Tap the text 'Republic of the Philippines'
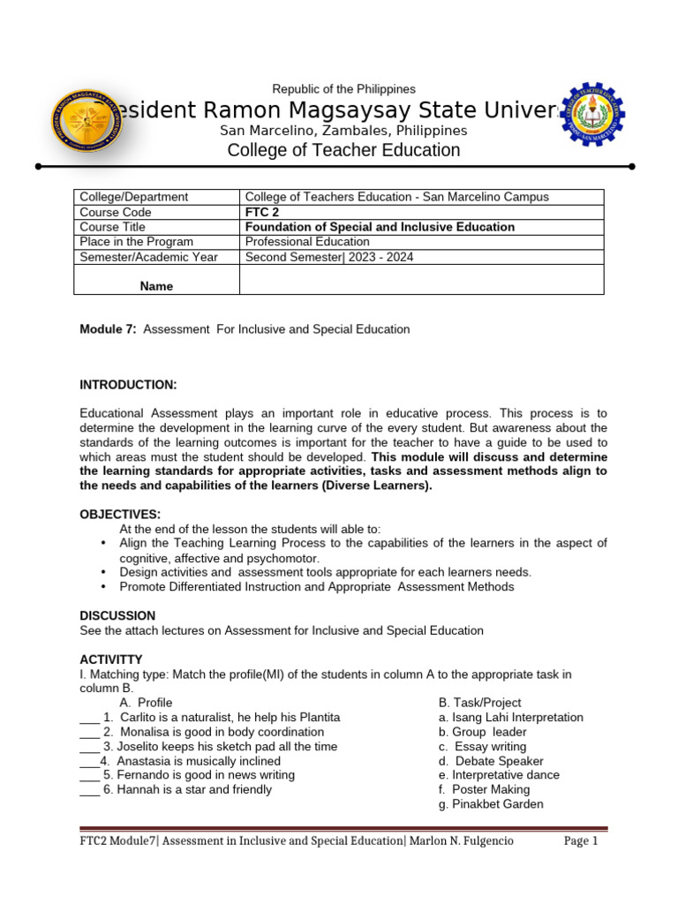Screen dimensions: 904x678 [343, 89]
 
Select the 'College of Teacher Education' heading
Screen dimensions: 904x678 [343, 150]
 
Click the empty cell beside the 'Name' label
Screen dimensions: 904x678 [421, 279]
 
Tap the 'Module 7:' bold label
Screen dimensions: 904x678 [108, 329]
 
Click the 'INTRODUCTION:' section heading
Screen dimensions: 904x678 [128, 385]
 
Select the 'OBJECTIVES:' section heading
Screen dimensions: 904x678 [120, 514]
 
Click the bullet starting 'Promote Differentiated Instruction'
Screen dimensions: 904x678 [316, 586]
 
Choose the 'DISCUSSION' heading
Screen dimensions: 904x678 [117, 615]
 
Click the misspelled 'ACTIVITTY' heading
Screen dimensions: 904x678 [111, 659]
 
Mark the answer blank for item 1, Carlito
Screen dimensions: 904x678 [89, 718]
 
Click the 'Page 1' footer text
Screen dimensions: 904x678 [581, 841]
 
